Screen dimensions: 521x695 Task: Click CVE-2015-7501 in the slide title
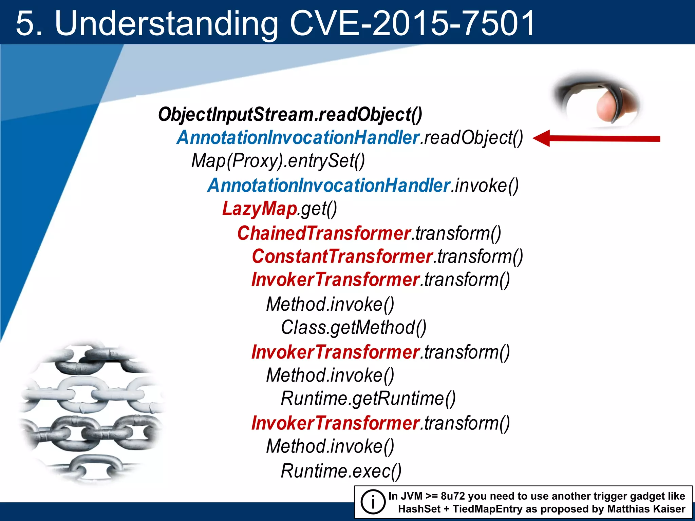[x=412, y=23]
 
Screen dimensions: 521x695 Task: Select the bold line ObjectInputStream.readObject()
[x=290, y=114]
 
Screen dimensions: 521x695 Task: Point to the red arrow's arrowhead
[x=542, y=138]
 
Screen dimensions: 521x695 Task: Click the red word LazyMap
[x=260, y=208]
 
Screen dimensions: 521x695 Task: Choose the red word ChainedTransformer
[x=324, y=233]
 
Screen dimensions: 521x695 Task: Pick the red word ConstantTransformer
[x=342, y=256]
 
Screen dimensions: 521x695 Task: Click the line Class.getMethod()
[x=353, y=328]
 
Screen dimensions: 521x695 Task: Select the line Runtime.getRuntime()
[x=368, y=398]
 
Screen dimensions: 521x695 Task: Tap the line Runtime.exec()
[x=341, y=471]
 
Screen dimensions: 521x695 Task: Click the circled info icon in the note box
[x=373, y=502]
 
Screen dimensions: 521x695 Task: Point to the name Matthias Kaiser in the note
[x=646, y=509]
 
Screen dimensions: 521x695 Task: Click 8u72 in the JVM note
[x=452, y=496]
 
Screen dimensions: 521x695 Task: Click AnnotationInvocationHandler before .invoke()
[x=328, y=186]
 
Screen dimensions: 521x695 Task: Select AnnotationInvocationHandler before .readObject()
[x=298, y=138]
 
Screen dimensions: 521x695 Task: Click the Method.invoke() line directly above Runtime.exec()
[x=330, y=446]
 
